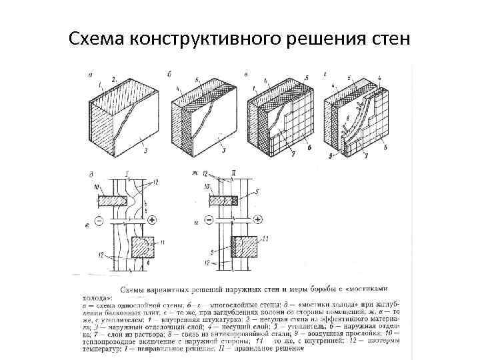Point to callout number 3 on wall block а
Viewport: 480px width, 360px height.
coord(145,151)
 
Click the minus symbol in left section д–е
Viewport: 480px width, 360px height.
coord(99,219)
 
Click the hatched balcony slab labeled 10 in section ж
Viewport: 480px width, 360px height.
coord(220,199)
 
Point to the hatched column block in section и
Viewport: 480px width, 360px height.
coord(243,247)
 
